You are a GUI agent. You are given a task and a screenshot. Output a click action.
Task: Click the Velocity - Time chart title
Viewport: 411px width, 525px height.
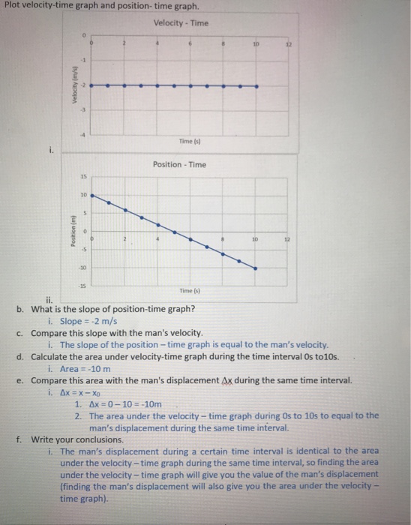(181, 22)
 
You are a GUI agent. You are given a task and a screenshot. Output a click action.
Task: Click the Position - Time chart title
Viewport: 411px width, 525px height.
(180, 163)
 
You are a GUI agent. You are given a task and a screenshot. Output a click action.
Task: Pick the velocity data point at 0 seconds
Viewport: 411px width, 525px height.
(94, 86)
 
